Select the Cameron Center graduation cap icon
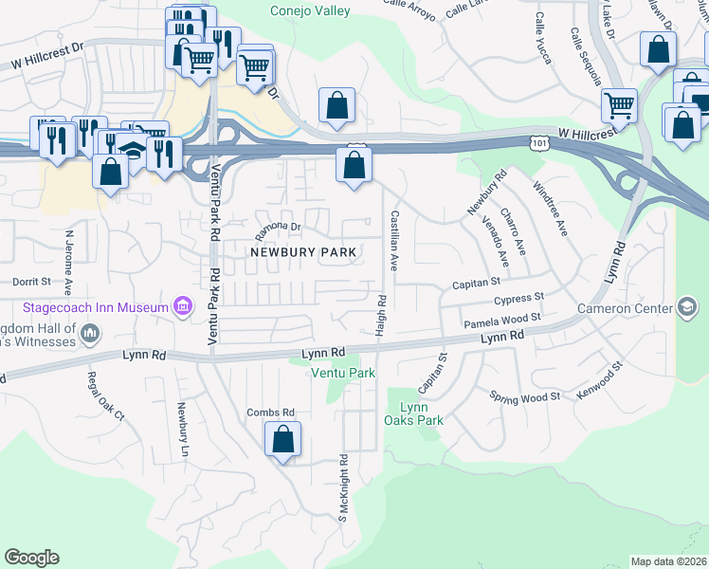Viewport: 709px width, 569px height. click(x=687, y=307)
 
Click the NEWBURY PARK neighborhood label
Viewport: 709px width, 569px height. click(x=303, y=252)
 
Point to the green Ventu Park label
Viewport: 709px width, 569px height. click(x=344, y=373)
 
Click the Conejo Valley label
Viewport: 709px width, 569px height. click(x=309, y=11)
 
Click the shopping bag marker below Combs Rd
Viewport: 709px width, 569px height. click(x=282, y=440)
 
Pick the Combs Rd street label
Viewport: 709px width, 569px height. click(x=271, y=413)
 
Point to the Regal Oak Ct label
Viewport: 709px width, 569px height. click(x=105, y=395)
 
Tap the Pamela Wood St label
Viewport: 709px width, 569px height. click(x=501, y=321)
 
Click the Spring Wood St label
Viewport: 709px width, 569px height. click(x=525, y=397)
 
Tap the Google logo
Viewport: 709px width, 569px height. click(x=31, y=558)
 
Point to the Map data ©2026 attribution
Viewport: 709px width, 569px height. click(x=669, y=561)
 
